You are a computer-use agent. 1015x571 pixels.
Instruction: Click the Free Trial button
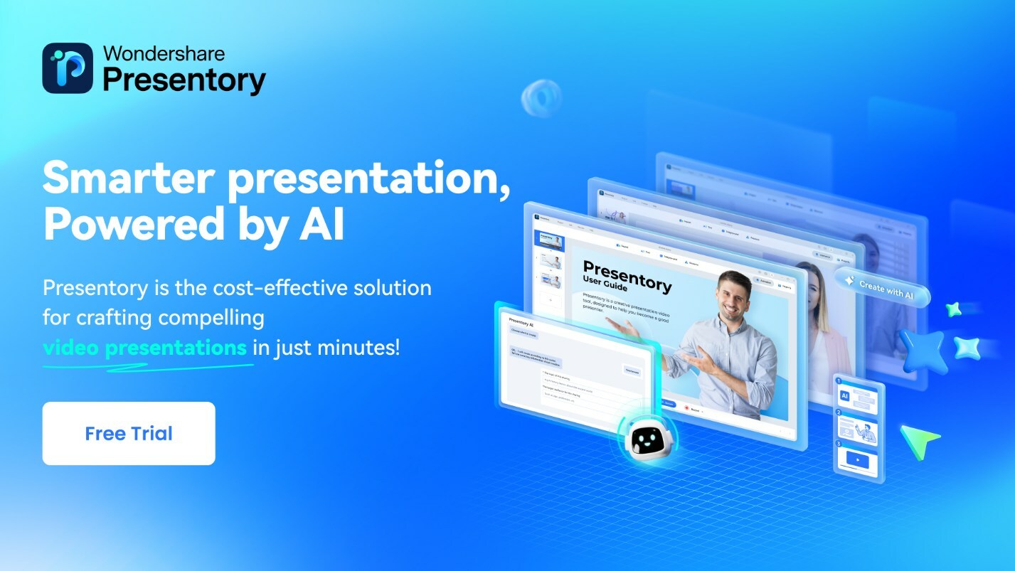(129, 433)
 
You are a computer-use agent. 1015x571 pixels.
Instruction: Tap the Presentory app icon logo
(68, 68)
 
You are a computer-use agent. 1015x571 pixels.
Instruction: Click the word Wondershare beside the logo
(164, 53)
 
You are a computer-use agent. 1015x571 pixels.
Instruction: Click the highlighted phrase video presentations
(145, 348)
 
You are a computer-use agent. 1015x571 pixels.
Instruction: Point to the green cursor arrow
(918, 440)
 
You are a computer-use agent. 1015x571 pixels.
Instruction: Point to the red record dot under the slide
(686, 409)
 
